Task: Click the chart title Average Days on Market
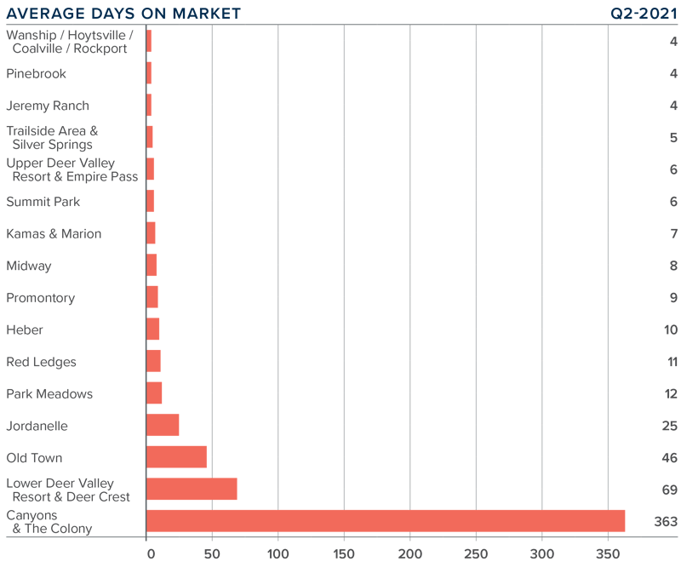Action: [123, 13]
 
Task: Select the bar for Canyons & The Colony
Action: [385, 521]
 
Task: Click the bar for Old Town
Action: [176, 457]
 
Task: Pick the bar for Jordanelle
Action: [163, 425]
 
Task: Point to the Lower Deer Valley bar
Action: [192, 489]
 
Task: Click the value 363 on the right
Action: [665, 521]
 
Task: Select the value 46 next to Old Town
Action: [669, 457]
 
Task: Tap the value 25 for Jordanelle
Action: [669, 426]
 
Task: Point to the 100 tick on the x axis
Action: [278, 555]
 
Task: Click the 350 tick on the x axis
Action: [608, 555]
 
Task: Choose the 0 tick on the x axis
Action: [151, 555]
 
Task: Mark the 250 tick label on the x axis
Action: [476, 555]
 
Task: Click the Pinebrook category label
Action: [36, 74]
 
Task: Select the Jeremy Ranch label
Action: [48, 106]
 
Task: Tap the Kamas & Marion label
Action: [54, 233]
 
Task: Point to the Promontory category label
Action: [41, 298]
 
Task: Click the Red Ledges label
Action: [41, 362]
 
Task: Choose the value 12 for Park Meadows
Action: [670, 393]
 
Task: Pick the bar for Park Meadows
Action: [154, 393]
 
